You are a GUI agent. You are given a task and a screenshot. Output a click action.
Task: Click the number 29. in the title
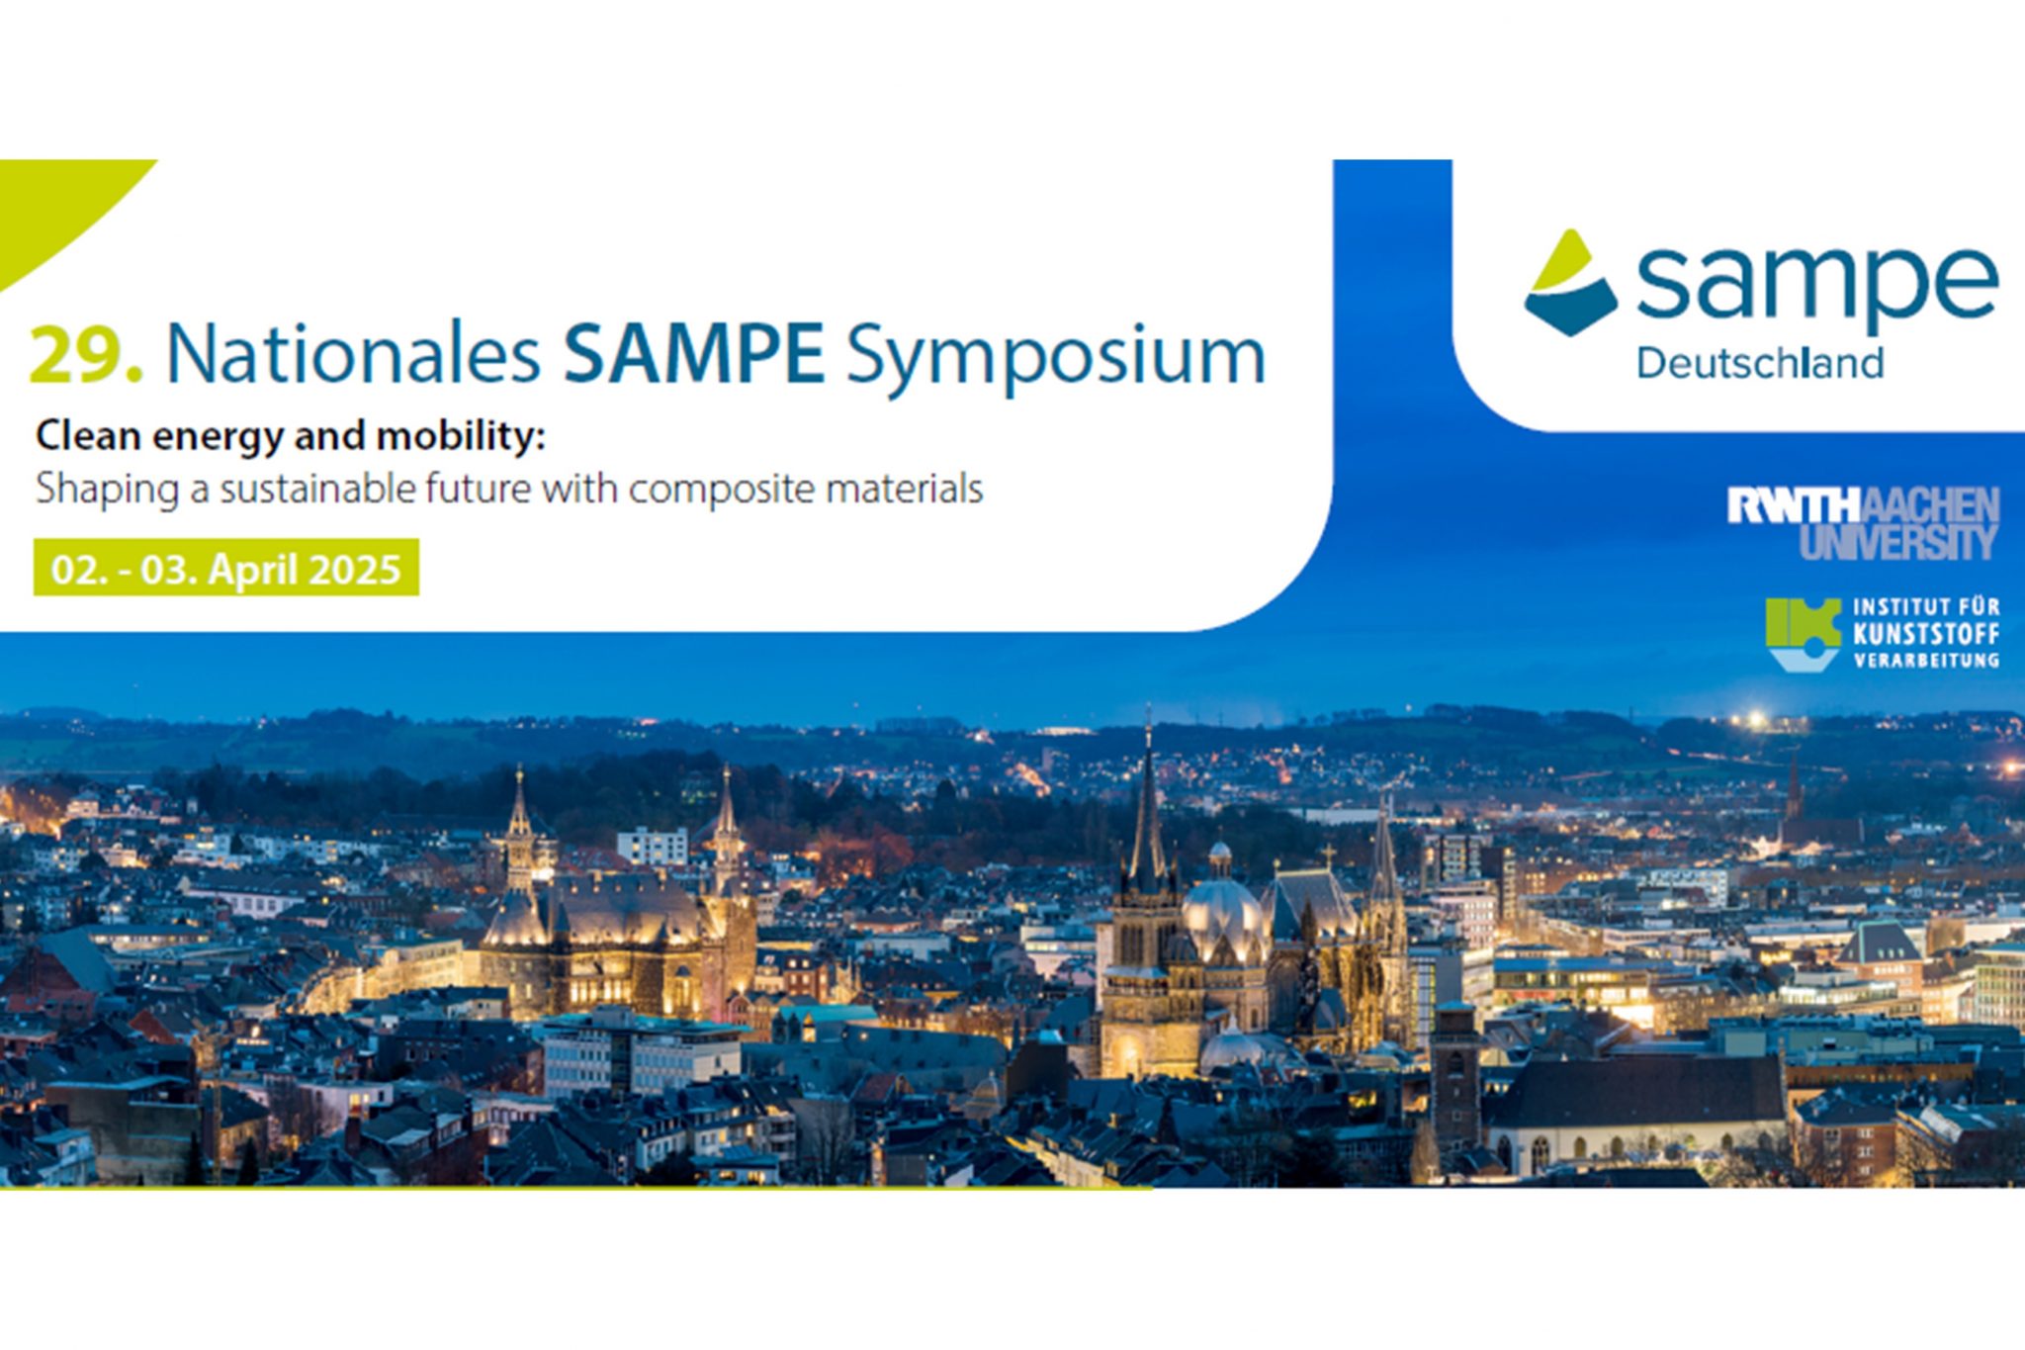86,354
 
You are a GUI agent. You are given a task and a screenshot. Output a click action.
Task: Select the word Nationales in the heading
353,353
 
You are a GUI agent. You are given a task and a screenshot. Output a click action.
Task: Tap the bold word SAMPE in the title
693,353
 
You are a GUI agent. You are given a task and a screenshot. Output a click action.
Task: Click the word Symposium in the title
1055,358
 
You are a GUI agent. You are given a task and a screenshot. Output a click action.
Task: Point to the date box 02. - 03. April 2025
226,568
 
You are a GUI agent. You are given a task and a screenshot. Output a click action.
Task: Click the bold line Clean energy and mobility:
291,436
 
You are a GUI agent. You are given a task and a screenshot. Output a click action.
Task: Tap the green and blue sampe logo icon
1570,283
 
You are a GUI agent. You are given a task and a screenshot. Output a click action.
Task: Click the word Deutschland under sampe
1760,364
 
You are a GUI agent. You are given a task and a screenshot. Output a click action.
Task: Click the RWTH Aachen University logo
1863,523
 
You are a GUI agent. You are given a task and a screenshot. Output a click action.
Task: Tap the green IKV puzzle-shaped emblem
1804,634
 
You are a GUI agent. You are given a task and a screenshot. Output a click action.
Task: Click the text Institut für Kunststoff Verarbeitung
1926,633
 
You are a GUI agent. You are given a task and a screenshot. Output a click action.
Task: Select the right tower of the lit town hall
727,839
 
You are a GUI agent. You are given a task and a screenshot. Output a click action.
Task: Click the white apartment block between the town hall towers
653,848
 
